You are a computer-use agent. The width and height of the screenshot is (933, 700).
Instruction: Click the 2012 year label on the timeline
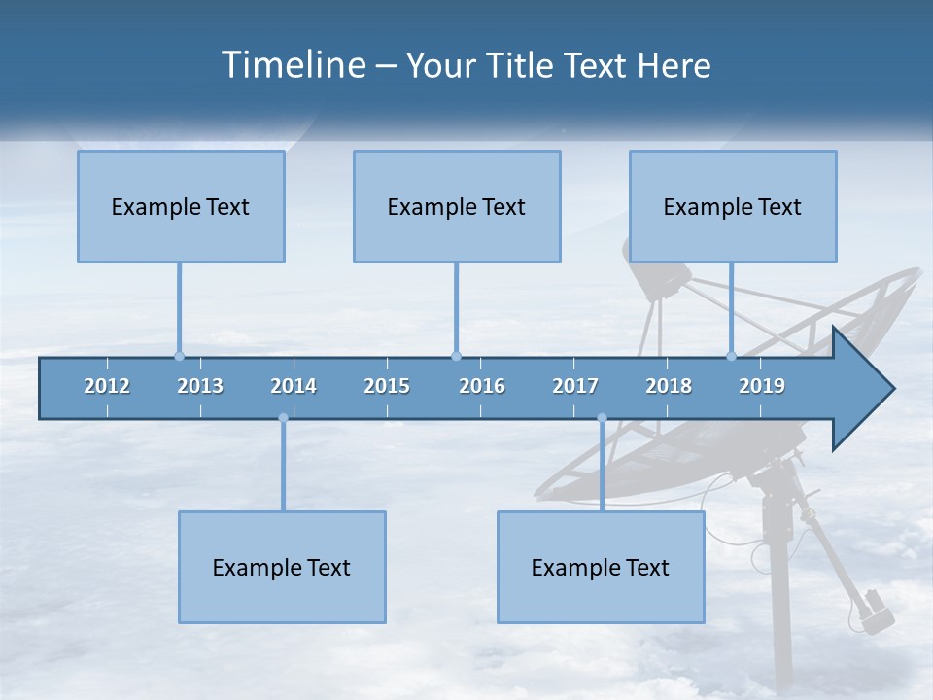[x=107, y=386]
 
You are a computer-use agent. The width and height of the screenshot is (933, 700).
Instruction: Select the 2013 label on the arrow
[x=200, y=386]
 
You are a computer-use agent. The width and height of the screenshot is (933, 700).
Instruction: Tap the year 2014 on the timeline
[x=294, y=386]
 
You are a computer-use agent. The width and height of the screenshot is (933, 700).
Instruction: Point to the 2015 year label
[x=387, y=386]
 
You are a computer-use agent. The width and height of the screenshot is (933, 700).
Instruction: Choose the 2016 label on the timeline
[x=482, y=386]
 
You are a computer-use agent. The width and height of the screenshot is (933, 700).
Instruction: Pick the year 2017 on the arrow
[x=575, y=386]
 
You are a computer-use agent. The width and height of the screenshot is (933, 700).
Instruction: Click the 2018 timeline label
[x=669, y=386]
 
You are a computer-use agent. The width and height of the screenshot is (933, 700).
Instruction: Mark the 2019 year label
[x=762, y=386]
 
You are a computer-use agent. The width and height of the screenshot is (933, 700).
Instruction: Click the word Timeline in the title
[x=292, y=65]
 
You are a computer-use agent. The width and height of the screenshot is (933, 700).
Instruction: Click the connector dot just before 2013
[x=179, y=356]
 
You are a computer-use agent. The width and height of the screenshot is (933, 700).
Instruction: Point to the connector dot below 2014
[x=283, y=418]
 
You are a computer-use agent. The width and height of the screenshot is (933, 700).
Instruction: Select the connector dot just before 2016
[x=456, y=356]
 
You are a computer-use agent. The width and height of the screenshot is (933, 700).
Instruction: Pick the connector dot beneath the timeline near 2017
[x=602, y=418]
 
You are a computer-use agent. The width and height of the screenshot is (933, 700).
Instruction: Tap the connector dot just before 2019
[x=731, y=356]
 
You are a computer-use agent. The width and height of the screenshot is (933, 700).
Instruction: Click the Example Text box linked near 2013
[x=181, y=206]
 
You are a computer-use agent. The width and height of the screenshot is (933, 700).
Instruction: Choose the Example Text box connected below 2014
[x=282, y=567]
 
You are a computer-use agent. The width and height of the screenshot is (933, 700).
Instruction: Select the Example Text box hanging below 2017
[x=601, y=567]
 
